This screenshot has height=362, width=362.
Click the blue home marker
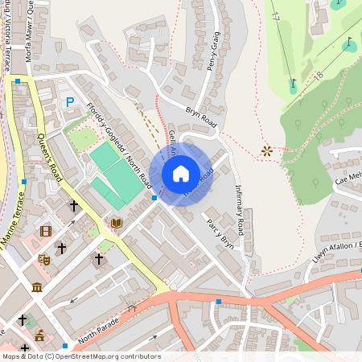pyautogui.click(x=181, y=174)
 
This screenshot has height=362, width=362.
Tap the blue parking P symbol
pyautogui.click(x=70, y=102)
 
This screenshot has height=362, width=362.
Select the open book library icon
pyautogui.click(x=117, y=222)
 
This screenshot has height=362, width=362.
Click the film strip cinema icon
pyautogui.click(x=46, y=231)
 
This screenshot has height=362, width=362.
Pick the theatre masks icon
pyautogui.click(x=44, y=259)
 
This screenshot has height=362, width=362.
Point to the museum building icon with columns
pyautogui.click(x=37, y=287)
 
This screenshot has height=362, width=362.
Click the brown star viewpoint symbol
pyautogui.click(x=266, y=150)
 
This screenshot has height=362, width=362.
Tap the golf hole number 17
pyautogui.click(x=274, y=14)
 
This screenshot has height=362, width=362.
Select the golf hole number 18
pyautogui.click(x=319, y=76)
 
